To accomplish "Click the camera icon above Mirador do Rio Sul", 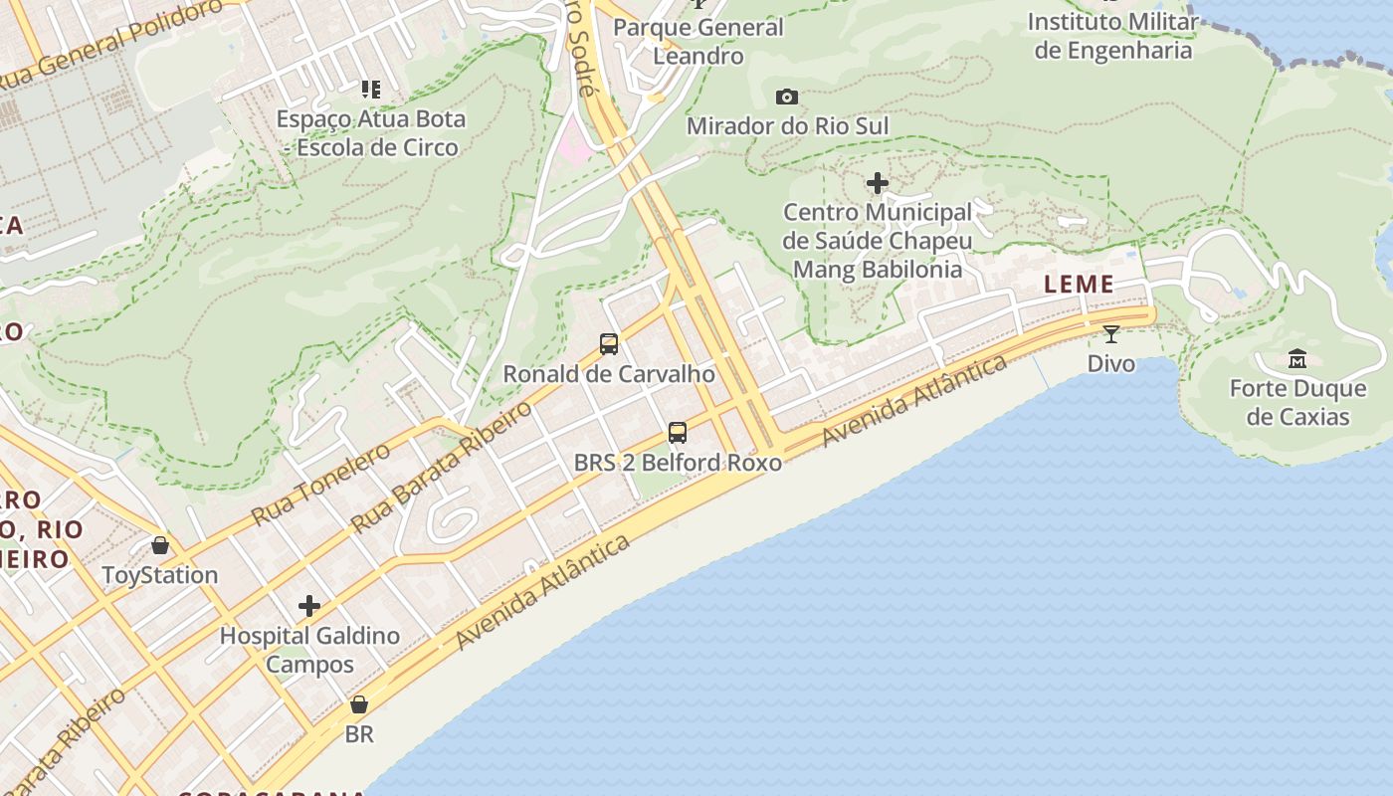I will [787, 97].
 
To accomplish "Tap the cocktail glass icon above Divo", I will [1110, 333].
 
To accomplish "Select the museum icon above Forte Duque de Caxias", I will [1297, 358].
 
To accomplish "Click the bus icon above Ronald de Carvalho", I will [609, 344].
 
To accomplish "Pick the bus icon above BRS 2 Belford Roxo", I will [678, 433].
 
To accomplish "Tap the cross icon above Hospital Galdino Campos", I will [309, 605].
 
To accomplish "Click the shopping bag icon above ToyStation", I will [160, 545].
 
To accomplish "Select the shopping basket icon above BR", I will [359, 704].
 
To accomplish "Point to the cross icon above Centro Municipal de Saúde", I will [877, 183].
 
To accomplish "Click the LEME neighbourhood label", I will [1080, 285].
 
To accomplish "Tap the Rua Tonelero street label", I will [320, 485].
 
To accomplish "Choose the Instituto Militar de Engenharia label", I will [1112, 36].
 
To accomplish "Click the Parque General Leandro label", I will [698, 41].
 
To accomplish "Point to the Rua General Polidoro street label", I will [111, 45].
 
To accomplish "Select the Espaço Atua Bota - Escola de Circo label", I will [370, 133].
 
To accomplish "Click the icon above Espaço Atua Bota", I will [371, 90].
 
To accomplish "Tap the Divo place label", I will [1110, 363].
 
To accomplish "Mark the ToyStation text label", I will [160, 575].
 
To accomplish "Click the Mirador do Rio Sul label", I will [787, 126].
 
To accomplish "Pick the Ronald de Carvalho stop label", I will [609, 374].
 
